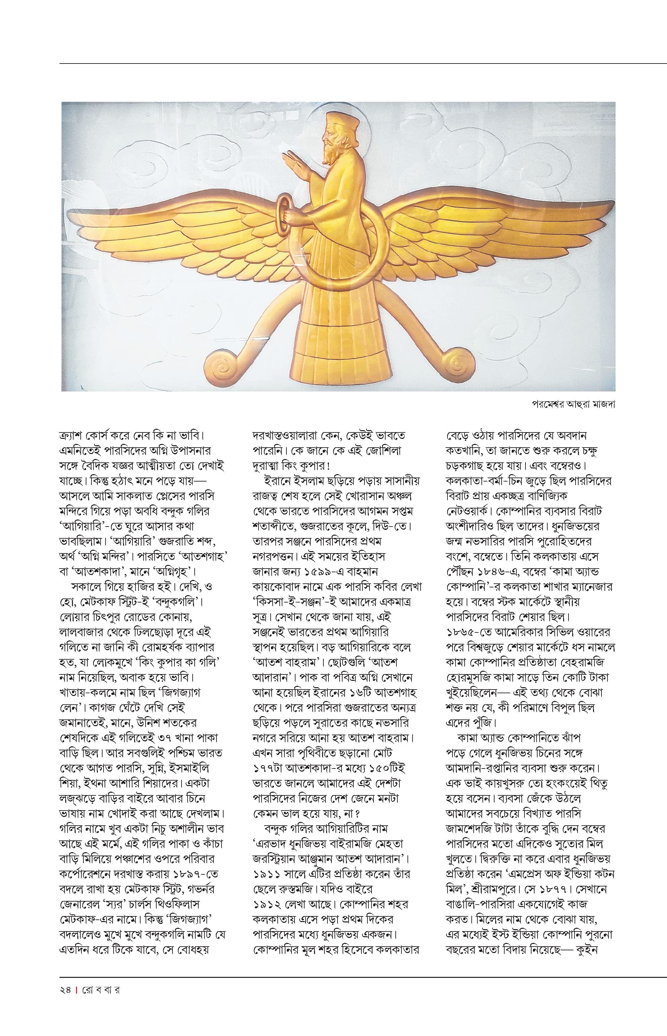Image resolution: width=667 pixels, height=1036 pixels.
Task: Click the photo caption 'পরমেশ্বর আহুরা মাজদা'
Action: click(574, 404)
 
